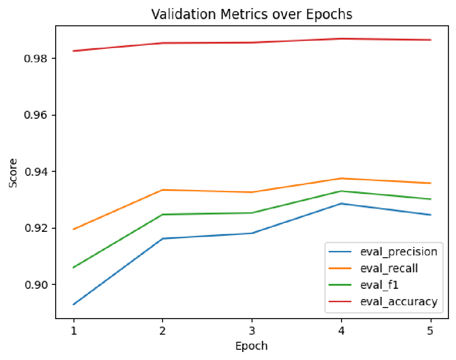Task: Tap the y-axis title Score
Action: click(14, 173)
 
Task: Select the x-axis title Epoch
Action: click(252, 346)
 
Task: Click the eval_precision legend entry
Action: click(399, 251)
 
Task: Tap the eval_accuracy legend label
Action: click(399, 301)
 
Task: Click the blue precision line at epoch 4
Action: click(341, 203)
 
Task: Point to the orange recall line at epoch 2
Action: click(163, 190)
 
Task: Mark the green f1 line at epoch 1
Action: click(73, 267)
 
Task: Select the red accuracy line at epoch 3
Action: click(252, 43)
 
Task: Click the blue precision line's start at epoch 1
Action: click(73, 304)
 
